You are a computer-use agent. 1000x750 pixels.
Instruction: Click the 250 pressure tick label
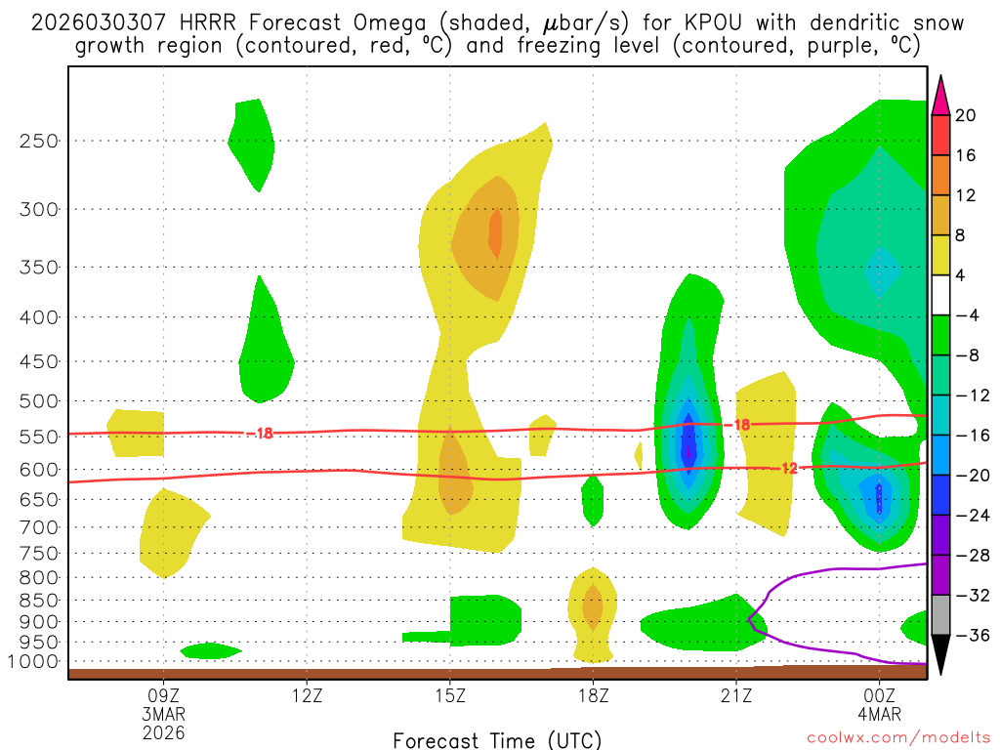pyautogui.click(x=39, y=141)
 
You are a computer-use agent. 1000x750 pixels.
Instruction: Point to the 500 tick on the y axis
pyautogui.click(x=39, y=400)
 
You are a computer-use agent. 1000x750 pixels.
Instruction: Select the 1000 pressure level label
pyautogui.click(x=34, y=662)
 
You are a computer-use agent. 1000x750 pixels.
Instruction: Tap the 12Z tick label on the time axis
pyautogui.click(x=307, y=697)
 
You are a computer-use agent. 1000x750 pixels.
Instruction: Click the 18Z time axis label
pyautogui.click(x=593, y=697)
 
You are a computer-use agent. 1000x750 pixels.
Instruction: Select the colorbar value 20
pyautogui.click(x=966, y=115)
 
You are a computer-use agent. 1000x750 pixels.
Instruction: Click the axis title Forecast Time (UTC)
pyautogui.click(x=497, y=739)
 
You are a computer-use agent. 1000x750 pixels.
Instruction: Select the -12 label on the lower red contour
pyautogui.click(x=789, y=469)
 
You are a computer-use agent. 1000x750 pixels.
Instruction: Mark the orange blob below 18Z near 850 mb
pyautogui.click(x=593, y=605)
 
